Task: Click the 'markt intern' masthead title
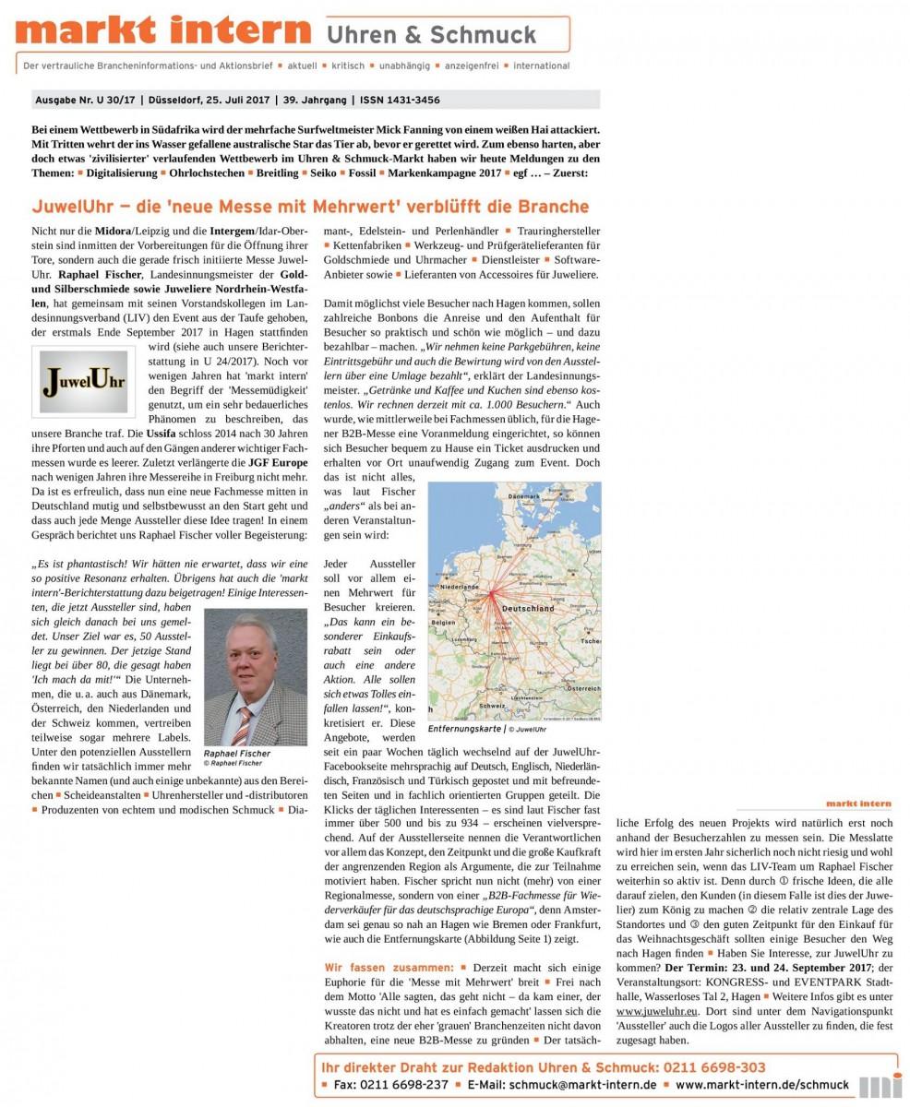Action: pos(163,31)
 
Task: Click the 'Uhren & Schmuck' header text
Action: pos(431,35)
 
